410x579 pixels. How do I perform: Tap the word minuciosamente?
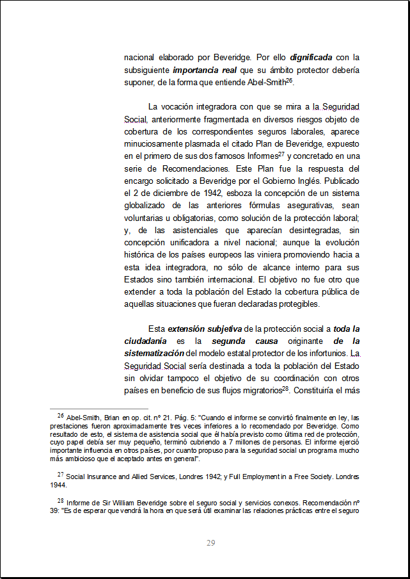[156, 143]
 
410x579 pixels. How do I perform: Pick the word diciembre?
[166, 192]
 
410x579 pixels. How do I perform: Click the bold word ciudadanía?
[146, 341]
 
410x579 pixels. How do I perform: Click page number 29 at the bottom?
[211, 543]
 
